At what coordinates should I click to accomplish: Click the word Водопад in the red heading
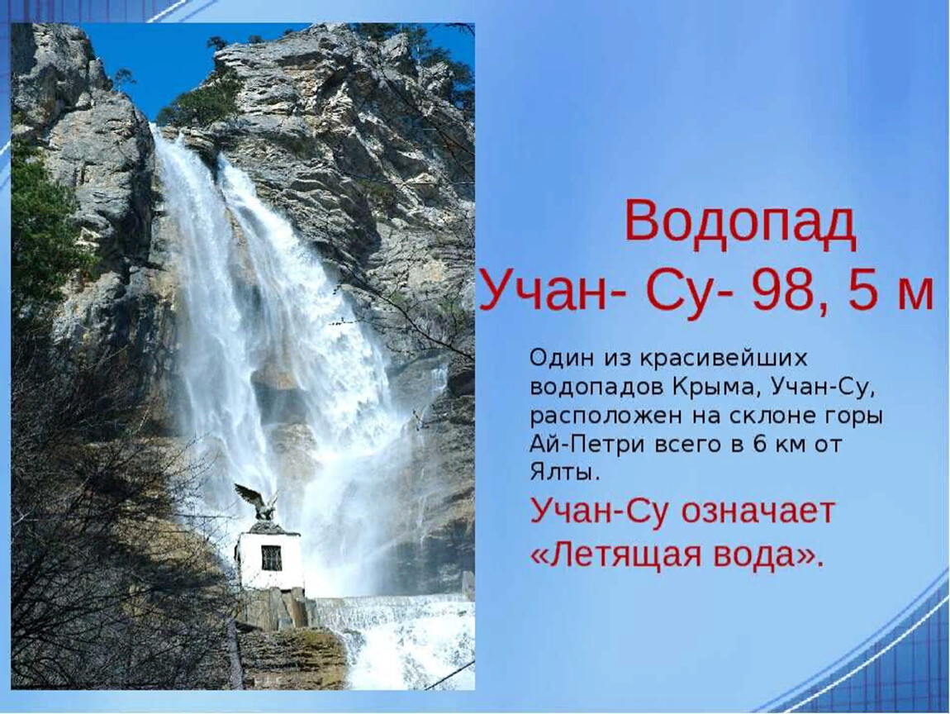pyautogui.click(x=740, y=222)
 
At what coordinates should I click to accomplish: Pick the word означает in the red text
pyautogui.click(x=758, y=512)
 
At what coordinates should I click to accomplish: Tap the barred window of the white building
pyautogui.click(x=272, y=558)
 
